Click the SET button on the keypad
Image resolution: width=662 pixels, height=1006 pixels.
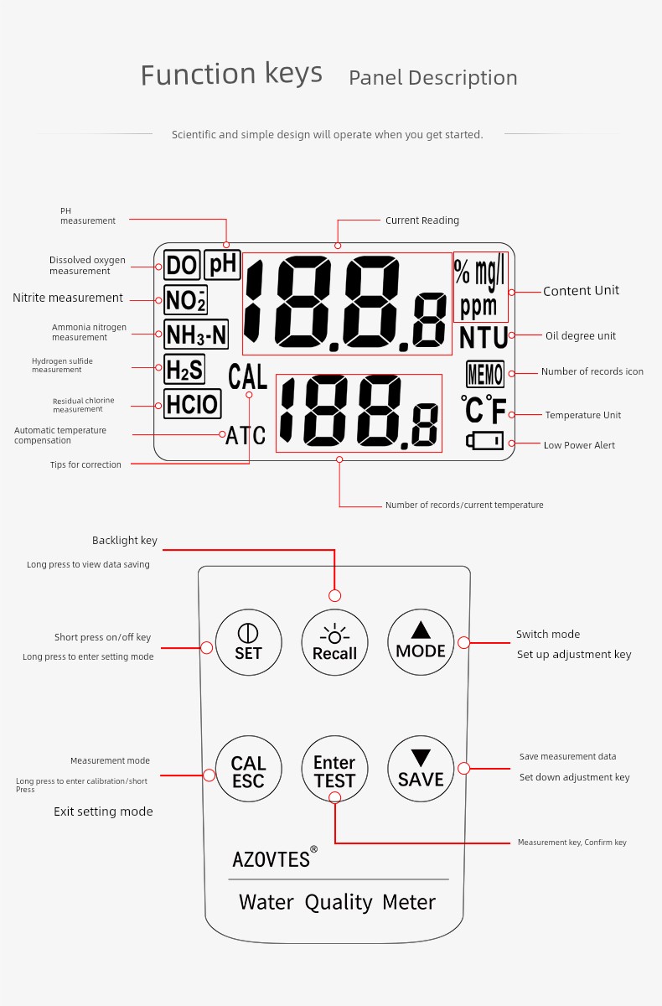click(249, 642)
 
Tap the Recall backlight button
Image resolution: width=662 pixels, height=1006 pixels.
click(335, 642)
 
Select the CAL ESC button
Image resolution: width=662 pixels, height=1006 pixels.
click(249, 769)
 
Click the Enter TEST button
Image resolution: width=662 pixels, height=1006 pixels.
click(335, 769)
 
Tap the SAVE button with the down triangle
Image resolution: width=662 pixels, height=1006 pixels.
click(421, 769)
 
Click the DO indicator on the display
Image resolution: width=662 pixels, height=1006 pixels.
click(182, 265)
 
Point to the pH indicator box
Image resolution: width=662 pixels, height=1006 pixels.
click(223, 265)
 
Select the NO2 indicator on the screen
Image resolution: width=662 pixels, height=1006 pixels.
click(185, 299)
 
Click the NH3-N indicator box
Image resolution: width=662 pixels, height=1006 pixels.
click(196, 334)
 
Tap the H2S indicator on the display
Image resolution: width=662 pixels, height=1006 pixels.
click(184, 369)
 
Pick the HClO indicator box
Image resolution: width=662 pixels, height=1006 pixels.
click(193, 404)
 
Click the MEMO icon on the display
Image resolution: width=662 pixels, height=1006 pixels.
click(485, 374)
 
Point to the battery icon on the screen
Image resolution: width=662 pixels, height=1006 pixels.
click(484, 441)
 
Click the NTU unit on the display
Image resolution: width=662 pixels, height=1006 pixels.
click(484, 337)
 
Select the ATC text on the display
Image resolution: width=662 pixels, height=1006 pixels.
click(246, 435)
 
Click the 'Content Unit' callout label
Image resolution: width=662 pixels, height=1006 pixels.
click(581, 291)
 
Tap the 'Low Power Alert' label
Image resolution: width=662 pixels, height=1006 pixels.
click(579, 445)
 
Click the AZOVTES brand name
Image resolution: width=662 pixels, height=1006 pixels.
click(271, 859)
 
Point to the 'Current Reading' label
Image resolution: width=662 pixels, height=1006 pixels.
click(422, 220)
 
